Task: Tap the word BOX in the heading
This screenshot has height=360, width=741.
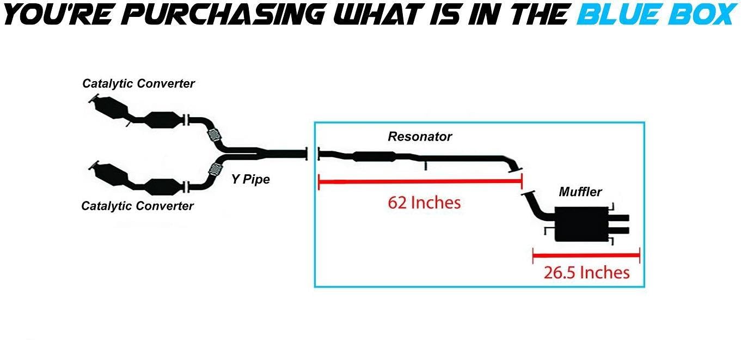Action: pyautogui.click(x=703, y=15)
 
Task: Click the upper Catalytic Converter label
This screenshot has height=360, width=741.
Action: pyautogui.click(x=138, y=83)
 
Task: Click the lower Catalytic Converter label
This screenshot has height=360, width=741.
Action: pyautogui.click(x=137, y=206)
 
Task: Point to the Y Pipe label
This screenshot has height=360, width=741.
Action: pyautogui.click(x=250, y=179)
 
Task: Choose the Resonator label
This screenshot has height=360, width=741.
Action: pyautogui.click(x=420, y=136)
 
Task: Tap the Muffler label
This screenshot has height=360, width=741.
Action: pyautogui.click(x=580, y=192)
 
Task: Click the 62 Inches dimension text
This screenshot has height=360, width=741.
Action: pyautogui.click(x=424, y=203)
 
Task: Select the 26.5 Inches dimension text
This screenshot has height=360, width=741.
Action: pyautogui.click(x=586, y=272)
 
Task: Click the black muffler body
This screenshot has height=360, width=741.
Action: pyautogui.click(x=581, y=224)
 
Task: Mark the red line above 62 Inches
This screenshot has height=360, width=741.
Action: pyautogui.click(x=420, y=181)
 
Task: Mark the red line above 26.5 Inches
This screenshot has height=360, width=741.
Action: pyautogui.click(x=586, y=255)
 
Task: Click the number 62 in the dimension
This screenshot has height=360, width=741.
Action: pyautogui.click(x=397, y=203)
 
